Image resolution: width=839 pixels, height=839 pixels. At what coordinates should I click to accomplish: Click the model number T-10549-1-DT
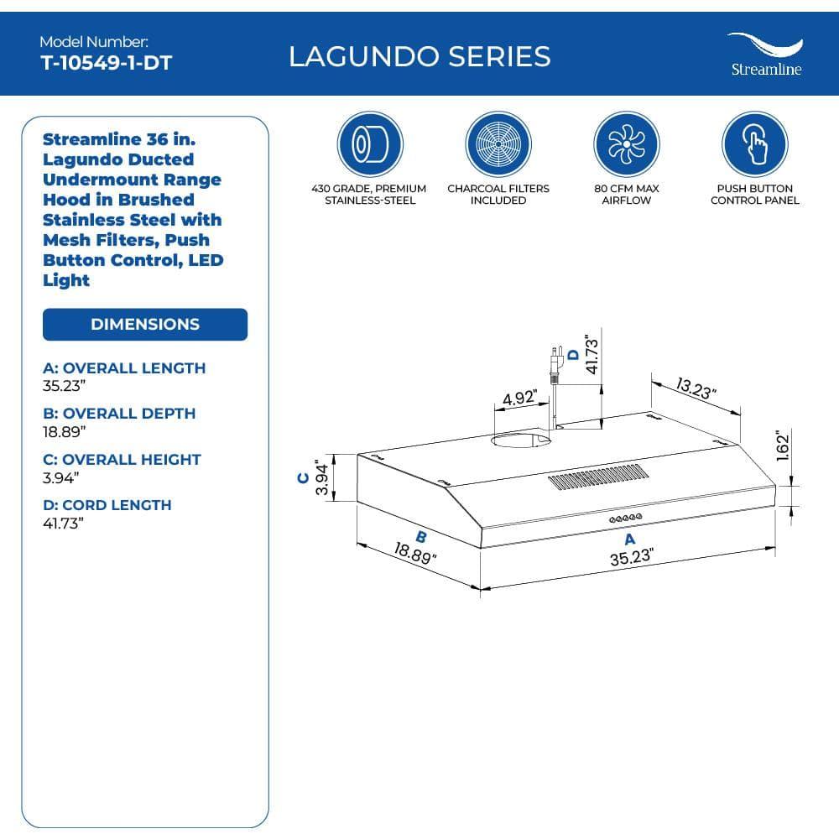[x=106, y=63]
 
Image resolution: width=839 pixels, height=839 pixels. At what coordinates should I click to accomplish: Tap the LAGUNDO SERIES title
[x=419, y=56]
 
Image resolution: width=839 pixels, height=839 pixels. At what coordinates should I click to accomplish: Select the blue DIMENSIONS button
[x=145, y=325]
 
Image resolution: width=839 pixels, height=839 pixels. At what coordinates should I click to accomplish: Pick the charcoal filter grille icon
[x=498, y=144]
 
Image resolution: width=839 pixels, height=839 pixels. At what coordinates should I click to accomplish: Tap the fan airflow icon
[x=626, y=144]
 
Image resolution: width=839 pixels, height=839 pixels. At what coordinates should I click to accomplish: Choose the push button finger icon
[x=755, y=144]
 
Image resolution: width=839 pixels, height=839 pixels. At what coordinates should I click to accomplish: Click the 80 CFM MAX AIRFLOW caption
[x=626, y=195]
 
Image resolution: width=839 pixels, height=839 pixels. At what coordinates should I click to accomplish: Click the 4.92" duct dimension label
[x=519, y=398]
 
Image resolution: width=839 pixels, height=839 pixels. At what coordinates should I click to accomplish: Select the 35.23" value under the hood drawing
[x=631, y=557]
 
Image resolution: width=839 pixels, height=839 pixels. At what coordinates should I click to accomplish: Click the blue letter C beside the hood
[x=303, y=478]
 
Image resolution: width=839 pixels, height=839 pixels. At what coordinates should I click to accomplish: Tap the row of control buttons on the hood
[x=625, y=518]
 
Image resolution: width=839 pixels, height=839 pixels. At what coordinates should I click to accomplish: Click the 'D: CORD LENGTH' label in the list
[x=107, y=505]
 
